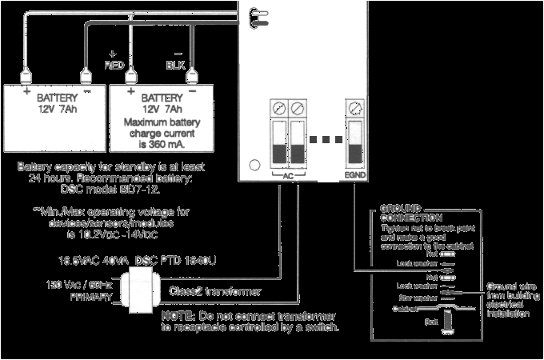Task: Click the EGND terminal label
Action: pos(355,174)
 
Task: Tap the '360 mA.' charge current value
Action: pos(166,146)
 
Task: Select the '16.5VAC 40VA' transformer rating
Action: pos(94,261)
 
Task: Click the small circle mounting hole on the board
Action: pos(254,166)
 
